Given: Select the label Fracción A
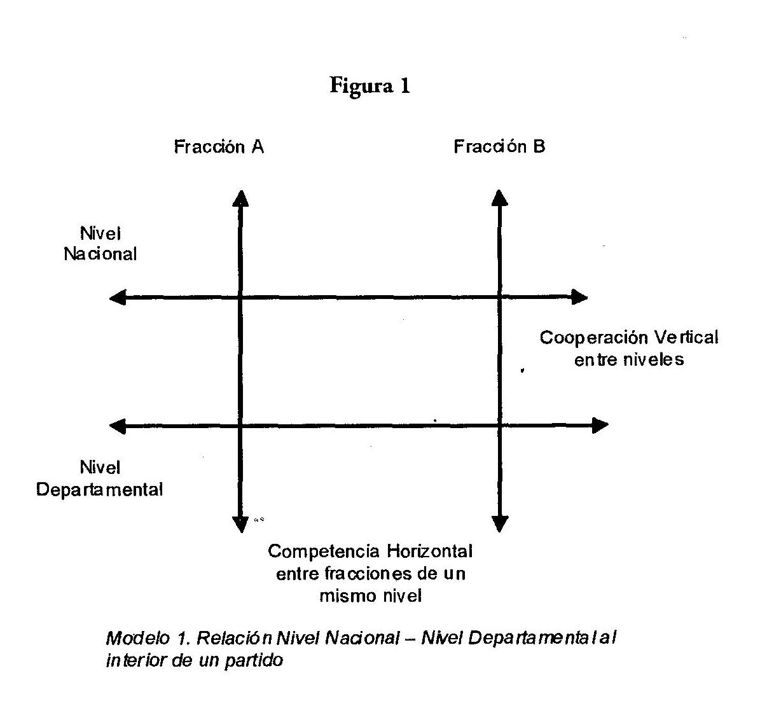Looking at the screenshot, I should point(219,147).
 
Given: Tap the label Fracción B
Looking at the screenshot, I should point(499,146).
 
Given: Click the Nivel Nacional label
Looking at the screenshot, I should point(100,244).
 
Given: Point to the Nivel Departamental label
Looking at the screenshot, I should point(100,478).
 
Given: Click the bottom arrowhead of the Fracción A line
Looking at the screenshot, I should point(240,524).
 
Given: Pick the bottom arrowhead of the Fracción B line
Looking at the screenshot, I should point(500,524).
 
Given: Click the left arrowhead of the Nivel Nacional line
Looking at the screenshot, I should point(117,297).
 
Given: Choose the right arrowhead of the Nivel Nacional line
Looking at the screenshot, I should point(579,297).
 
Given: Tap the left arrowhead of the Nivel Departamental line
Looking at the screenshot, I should point(117,426).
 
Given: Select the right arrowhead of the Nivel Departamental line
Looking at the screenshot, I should point(600,426).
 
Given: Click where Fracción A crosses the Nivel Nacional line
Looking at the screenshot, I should point(240,297).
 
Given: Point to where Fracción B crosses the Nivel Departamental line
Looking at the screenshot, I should point(500,426).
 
